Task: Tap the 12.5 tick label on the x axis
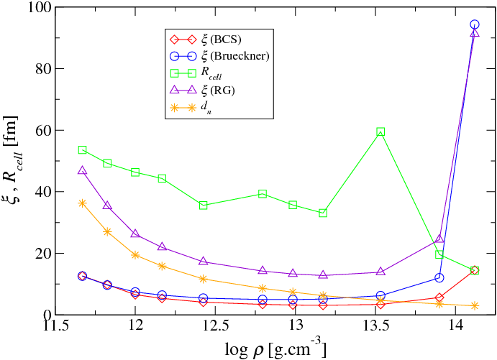(214, 328)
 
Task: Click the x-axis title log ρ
(266, 348)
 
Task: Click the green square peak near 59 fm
(380, 132)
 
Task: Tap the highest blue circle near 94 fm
(475, 24)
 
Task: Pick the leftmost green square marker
(82, 150)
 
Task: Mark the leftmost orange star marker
(82, 203)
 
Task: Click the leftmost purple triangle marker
(82, 170)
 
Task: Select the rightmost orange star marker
(475, 305)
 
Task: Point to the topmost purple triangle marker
(475, 33)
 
